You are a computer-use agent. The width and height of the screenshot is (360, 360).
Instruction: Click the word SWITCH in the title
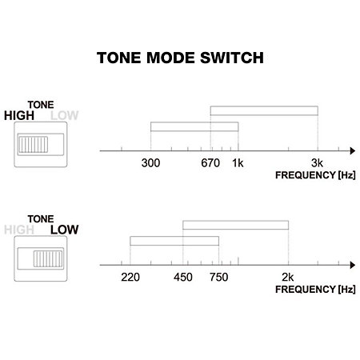tap(232, 58)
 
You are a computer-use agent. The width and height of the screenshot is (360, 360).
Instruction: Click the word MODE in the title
tap(170, 58)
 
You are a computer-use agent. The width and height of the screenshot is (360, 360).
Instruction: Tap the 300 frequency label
tap(150, 163)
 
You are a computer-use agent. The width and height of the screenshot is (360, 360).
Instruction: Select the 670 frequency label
tap(210, 163)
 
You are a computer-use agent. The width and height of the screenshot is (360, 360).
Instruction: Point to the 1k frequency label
tap(238, 163)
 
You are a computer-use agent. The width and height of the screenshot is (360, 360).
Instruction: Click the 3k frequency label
tap(317, 163)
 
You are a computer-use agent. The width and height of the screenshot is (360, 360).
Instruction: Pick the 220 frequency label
tap(130, 278)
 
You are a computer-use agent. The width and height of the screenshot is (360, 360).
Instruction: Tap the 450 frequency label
tap(183, 278)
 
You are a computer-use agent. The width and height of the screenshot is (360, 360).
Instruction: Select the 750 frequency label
tap(218, 278)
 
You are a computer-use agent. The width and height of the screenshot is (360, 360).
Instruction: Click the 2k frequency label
tap(288, 278)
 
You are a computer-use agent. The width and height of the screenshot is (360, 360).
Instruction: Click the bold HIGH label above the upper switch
tap(19, 116)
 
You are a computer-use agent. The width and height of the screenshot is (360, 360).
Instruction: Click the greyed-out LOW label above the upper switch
tap(65, 116)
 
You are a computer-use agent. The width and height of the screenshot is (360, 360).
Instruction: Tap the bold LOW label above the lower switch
tap(65, 230)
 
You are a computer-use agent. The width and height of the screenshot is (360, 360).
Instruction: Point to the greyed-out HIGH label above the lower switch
tap(19, 230)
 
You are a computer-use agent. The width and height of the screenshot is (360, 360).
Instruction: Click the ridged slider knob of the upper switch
tap(33, 145)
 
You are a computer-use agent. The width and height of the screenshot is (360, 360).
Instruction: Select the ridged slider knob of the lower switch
tap(48, 258)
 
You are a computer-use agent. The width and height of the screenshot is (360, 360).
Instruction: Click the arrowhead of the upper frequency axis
tap(353, 151)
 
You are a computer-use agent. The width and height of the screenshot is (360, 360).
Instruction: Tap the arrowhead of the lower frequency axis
tap(353, 265)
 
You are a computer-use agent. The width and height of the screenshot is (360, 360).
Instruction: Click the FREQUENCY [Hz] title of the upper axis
tap(315, 175)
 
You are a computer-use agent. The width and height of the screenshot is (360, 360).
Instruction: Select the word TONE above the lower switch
tap(41, 219)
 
